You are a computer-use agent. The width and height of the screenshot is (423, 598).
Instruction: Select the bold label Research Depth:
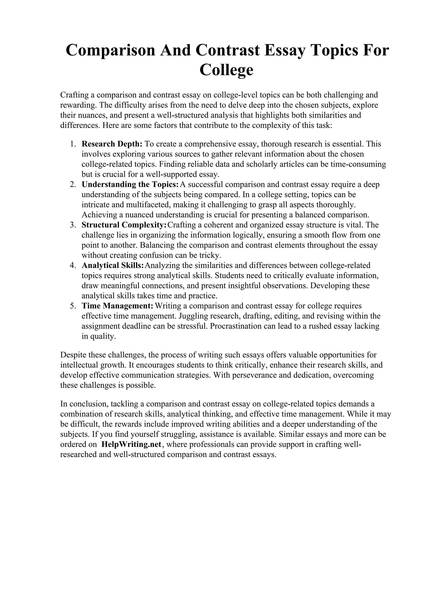(112, 144)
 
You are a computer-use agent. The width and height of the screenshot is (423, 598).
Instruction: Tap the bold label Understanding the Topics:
(130, 184)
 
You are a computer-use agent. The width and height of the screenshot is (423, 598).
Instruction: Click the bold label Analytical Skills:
(113, 265)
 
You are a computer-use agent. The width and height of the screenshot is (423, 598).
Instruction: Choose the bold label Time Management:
(117, 306)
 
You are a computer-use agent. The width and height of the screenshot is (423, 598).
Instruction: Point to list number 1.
(73, 144)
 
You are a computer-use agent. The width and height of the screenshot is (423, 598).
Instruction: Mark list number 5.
(73, 306)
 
